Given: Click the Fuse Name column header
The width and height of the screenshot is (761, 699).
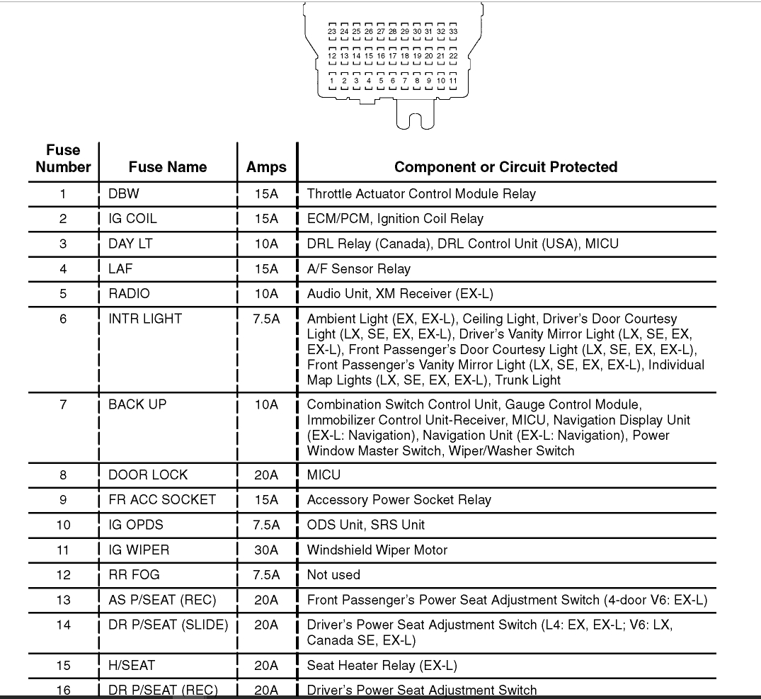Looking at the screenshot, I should [168, 167].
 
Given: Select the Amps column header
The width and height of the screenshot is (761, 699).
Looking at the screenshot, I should [266, 167].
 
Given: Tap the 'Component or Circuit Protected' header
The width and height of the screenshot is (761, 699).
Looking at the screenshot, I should [505, 167].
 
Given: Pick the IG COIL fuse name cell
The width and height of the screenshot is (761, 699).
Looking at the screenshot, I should [132, 219].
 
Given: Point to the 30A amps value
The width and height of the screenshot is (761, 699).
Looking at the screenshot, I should [266, 550].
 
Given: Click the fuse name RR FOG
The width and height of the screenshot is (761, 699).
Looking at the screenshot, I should [134, 575].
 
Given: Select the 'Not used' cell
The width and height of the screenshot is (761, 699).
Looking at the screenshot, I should [333, 575].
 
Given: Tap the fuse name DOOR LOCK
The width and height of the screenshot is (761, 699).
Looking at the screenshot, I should [148, 475].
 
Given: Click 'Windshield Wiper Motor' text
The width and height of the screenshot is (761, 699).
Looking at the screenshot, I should [377, 550].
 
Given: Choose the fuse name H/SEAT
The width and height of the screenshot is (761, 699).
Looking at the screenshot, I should [132, 666].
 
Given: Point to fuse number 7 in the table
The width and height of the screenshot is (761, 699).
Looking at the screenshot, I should [63, 404].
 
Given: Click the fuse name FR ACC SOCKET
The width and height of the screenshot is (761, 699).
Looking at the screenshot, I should [162, 500].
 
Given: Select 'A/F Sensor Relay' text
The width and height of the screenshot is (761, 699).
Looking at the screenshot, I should [358, 269].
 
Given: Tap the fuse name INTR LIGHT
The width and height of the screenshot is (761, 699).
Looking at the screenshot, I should [145, 319].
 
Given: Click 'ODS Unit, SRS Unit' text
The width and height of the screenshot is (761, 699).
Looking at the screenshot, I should [365, 525].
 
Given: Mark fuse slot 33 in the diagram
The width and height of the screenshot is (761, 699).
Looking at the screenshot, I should [453, 32].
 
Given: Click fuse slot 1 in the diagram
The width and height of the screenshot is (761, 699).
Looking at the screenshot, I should [332, 81].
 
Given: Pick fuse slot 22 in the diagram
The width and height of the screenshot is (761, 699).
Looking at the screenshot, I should [453, 56].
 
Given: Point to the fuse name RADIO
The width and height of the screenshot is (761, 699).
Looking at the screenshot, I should [130, 294].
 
